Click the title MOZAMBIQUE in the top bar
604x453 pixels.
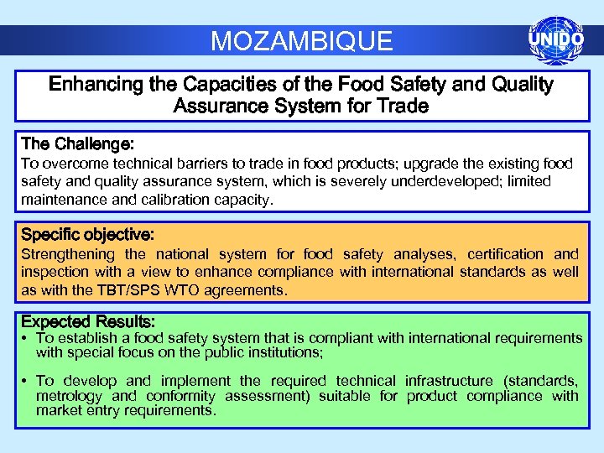301,40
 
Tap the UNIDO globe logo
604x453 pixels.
555,39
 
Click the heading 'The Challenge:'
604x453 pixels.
77,143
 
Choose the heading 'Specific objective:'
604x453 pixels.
87,233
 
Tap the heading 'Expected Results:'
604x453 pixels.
87,321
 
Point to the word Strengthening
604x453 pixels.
67,253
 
